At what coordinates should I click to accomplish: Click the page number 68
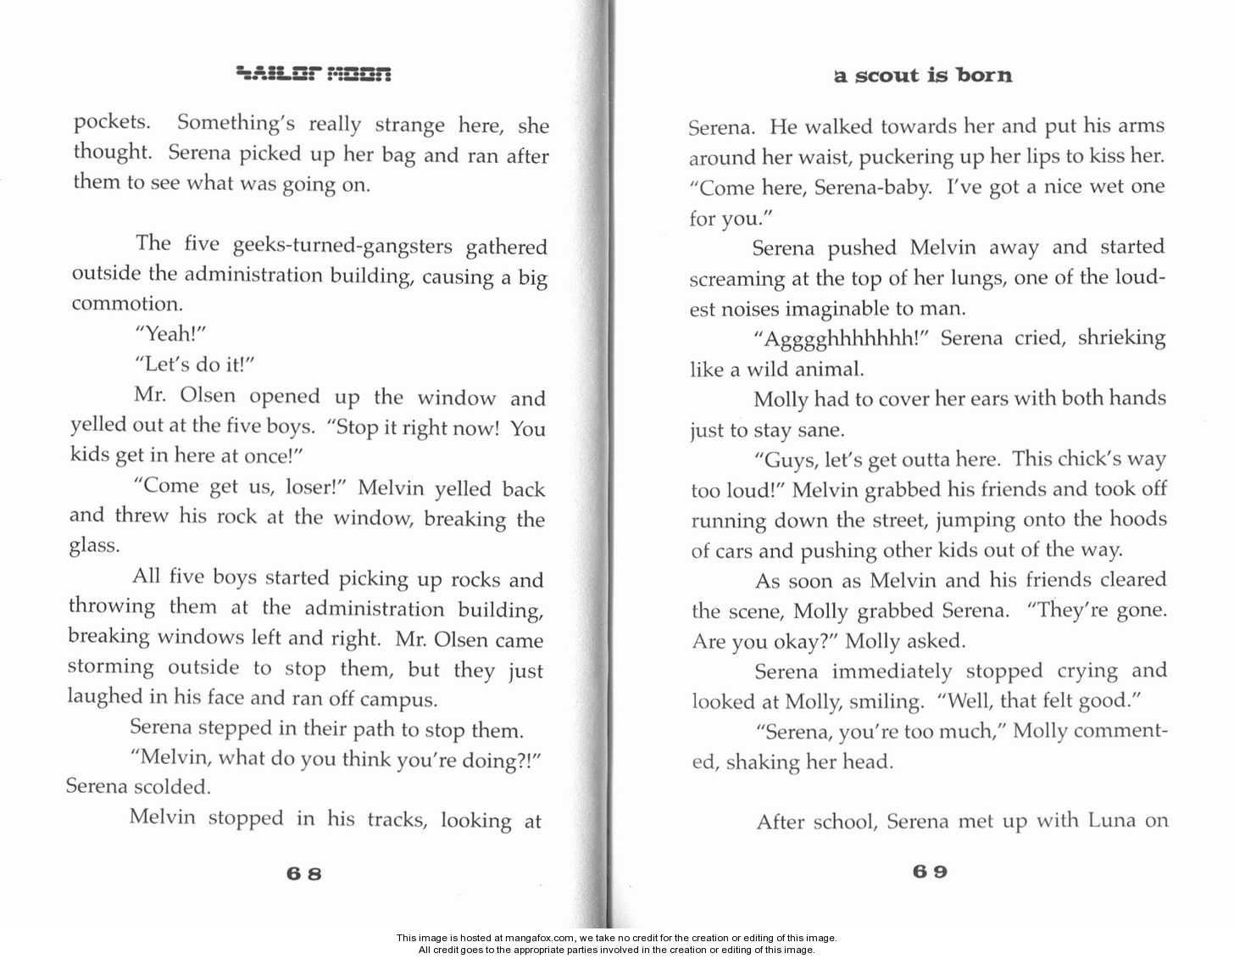(304, 873)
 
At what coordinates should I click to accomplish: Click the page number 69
(930, 871)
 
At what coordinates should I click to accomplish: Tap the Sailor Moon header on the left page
(314, 74)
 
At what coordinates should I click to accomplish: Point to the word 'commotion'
(125, 304)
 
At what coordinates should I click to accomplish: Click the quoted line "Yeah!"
(170, 333)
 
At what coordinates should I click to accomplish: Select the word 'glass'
(93, 545)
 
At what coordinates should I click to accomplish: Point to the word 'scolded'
(173, 787)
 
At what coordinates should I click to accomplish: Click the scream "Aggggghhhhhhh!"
(842, 339)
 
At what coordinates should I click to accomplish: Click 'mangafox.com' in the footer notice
(540, 938)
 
